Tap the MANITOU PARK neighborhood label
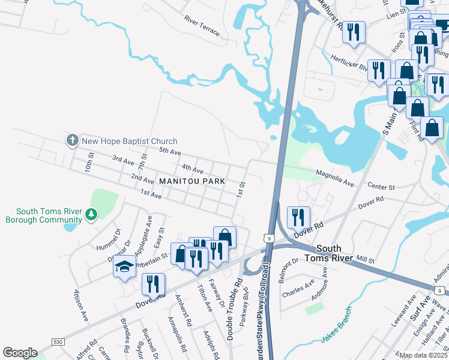pyautogui.click(x=191, y=181)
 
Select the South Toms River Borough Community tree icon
pyautogui.click(x=91, y=214)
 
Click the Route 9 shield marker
pyautogui.click(x=270, y=239)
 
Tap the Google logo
pyautogui.click(x=20, y=353)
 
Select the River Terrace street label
pyautogui.click(x=202, y=26)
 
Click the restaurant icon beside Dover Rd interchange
pyautogui.click(x=298, y=217)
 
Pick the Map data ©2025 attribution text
pyautogui.click(x=424, y=355)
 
